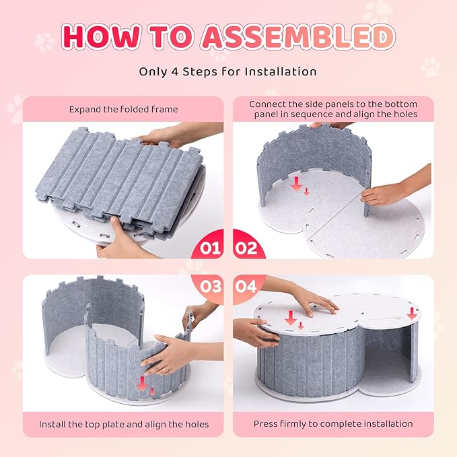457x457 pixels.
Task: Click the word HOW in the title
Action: [x=100, y=36]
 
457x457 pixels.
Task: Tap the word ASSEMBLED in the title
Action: [x=297, y=36]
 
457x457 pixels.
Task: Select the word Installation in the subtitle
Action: [x=281, y=71]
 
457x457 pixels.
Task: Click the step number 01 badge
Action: [x=210, y=248]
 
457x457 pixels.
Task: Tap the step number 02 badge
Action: [x=246, y=248]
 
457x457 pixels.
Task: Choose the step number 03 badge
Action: [x=211, y=286]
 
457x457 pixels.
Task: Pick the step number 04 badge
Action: [x=246, y=286]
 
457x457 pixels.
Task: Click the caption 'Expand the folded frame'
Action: [x=123, y=110]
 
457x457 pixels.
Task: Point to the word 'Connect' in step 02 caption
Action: [x=267, y=104]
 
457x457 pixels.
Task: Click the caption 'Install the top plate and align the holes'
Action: [x=124, y=424]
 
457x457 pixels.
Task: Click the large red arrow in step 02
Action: [x=297, y=184]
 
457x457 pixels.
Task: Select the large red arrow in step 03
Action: [x=142, y=384]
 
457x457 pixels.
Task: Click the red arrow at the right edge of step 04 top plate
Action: [x=412, y=313]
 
